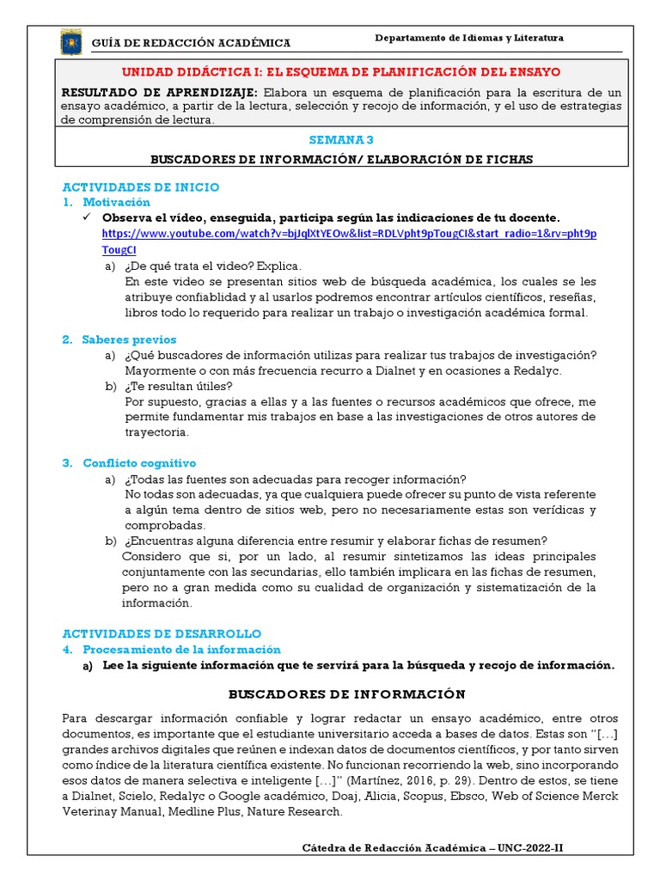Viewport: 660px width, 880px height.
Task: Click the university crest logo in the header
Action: (x=70, y=41)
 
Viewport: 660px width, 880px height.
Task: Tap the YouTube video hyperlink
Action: (x=349, y=234)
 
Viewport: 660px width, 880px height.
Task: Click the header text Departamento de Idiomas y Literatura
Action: (x=470, y=38)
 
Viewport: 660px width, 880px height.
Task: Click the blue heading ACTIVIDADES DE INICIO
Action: (x=141, y=186)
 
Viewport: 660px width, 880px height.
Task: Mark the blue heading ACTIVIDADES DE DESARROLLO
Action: (x=162, y=633)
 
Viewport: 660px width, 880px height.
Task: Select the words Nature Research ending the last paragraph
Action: (x=296, y=810)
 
